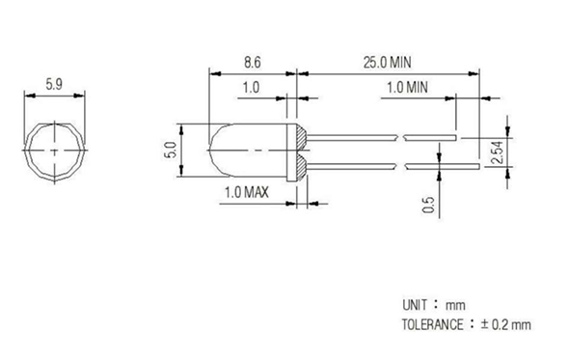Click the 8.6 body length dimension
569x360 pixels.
253,62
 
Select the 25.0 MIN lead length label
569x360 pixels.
387,63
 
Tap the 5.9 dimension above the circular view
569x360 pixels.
54,84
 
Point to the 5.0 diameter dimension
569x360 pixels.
172,150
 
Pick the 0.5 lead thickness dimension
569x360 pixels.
428,205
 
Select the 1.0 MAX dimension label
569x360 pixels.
247,192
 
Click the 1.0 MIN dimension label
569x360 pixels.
407,87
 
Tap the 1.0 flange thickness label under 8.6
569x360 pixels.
251,87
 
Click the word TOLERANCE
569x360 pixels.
432,324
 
